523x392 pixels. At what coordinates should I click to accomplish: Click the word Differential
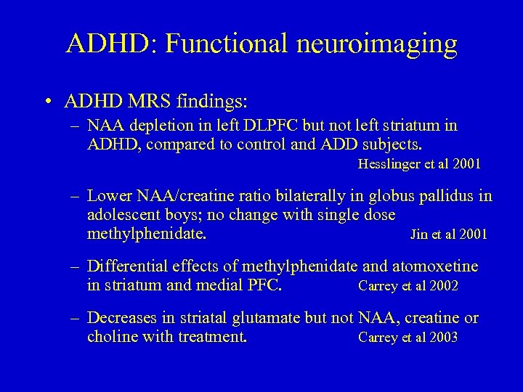[x=124, y=266]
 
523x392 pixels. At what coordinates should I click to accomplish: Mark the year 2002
[x=442, y=286]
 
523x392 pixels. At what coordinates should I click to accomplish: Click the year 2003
[x=442, y=338]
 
